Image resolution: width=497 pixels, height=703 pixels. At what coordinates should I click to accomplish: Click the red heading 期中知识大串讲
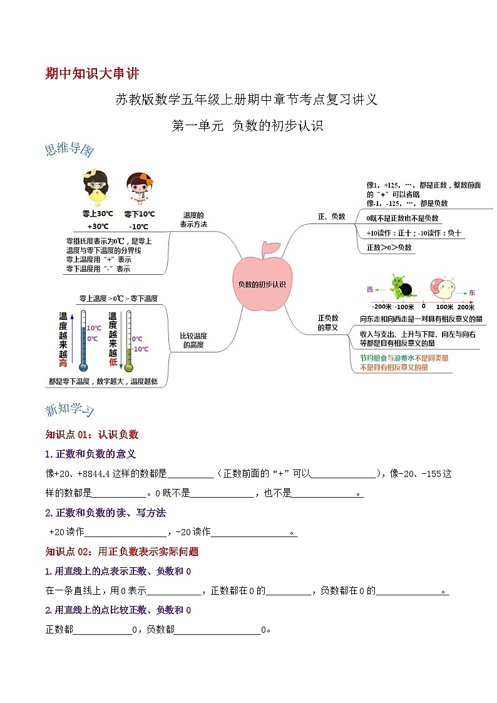click(93, 73)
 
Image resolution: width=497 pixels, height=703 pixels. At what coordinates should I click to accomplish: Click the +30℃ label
click(98, 227)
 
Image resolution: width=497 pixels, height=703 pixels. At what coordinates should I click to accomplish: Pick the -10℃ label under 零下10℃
click(138, 227)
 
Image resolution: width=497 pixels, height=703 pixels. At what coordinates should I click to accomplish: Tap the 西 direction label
click(369, 290)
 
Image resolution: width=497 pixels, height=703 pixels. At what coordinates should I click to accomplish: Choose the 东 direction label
click(472, 292)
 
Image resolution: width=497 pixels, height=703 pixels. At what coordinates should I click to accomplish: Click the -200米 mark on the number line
click(381, 307)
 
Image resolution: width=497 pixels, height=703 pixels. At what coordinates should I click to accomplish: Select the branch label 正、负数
click(332, 217)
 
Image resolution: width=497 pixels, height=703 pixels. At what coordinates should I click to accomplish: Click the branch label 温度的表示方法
click(193, 219)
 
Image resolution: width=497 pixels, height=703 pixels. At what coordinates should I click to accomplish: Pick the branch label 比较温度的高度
click(193, 340)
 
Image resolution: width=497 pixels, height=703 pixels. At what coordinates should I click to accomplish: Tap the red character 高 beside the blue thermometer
click(63, 364)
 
